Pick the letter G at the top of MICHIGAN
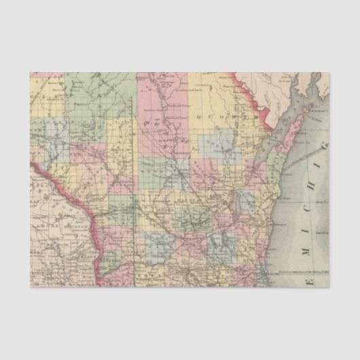point(325,163)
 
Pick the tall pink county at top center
point(155,102)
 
